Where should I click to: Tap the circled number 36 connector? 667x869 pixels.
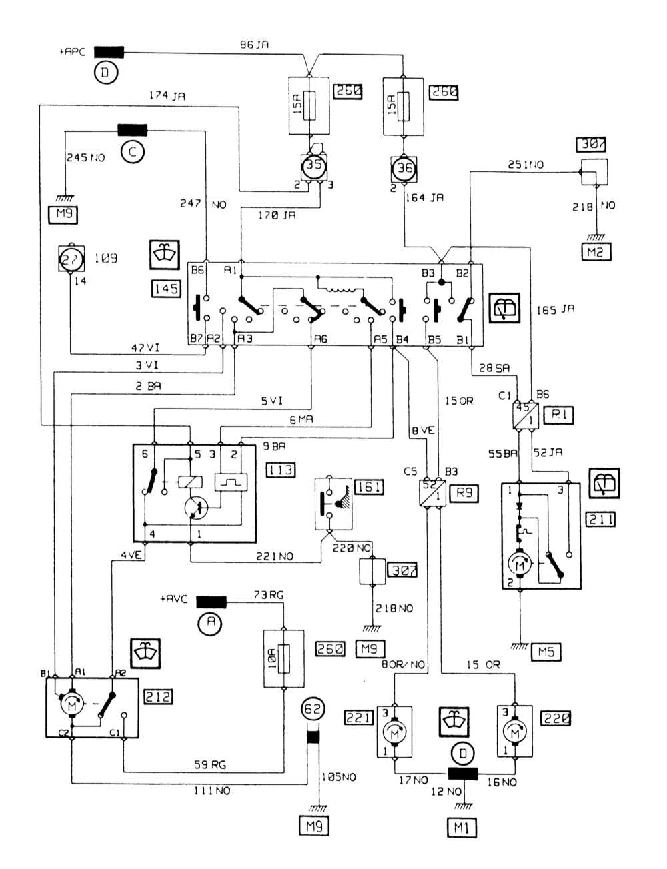point(404,168)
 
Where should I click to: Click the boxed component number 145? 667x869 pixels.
point(165,288)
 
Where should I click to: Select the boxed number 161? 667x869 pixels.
point(370,487)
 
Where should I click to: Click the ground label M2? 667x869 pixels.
point(596,251)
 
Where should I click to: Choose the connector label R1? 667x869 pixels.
point(558,415)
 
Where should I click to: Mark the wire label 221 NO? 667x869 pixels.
point(274,556)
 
